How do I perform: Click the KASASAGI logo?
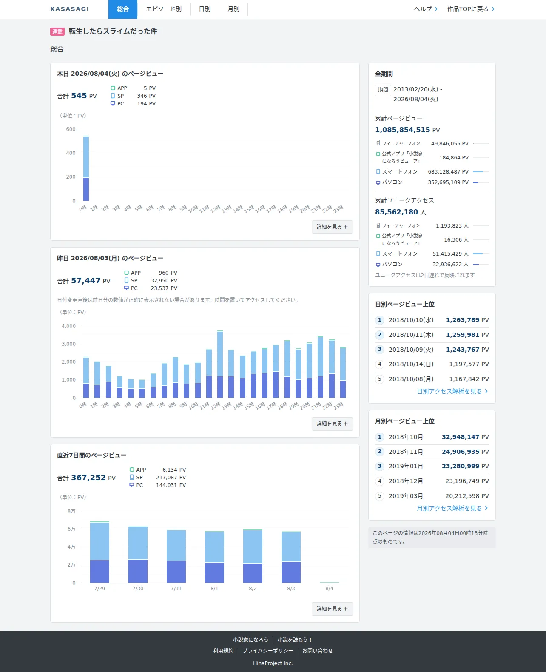[69, 9]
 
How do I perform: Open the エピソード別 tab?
[164, 9]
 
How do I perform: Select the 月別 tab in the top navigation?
[233, 9]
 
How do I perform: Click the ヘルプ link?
[426, 9]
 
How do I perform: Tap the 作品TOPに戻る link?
[471, 9]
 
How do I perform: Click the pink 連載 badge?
[57, 31]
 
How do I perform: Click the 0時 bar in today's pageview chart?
[86, 168]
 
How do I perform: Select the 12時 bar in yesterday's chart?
[220, 364]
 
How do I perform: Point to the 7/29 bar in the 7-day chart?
[100, 552]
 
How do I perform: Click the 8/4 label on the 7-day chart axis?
[329, 588]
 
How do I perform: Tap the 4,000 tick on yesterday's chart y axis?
[68, 326]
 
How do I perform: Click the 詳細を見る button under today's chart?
[332, 227]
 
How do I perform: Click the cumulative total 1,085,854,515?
[402, 130]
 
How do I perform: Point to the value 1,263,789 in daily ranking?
[462, 320]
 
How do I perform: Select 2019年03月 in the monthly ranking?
[406, 496]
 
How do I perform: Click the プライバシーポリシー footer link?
[268, 651]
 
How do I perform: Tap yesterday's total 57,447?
[86, 280]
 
